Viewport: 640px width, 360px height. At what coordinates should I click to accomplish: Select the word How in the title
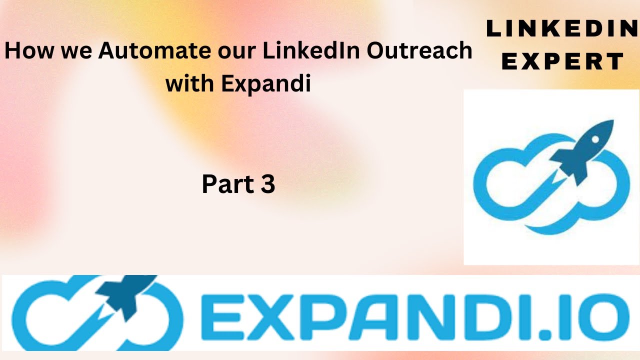pos(25,51)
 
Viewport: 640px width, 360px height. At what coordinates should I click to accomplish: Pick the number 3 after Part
pos(267,184)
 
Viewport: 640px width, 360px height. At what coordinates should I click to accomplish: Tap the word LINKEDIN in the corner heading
pos(562,30)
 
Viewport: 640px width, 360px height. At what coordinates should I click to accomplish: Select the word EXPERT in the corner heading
pos(562,62)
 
